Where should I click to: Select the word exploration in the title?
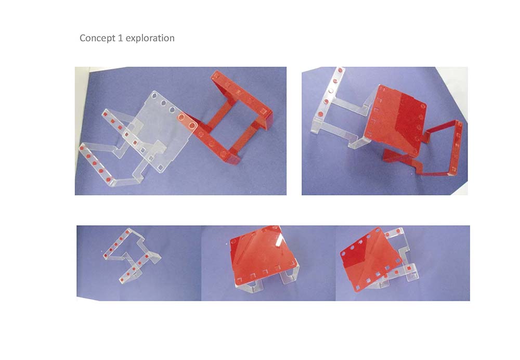pyautogui.click(x=150, y=38)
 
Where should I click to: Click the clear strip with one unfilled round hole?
pyautogui.click(x=328, y=99)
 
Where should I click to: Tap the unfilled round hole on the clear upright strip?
pyautogui.click(x=331, y=91)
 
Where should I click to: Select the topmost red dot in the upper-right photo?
pyautogui.click(x=340, y=70)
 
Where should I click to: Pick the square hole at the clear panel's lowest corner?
pyautogui.click(x=161, y=168)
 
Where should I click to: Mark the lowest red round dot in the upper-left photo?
pyautogui.click(x=109, y=179)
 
